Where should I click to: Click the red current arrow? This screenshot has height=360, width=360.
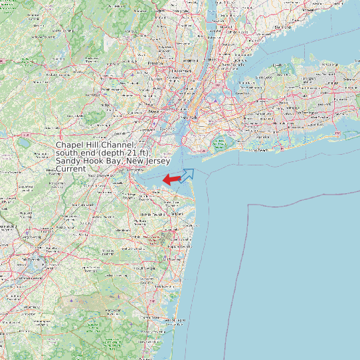point(171,179)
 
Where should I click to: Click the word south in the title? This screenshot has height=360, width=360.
point(68,153)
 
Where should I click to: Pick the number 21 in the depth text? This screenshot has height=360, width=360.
point(137,153)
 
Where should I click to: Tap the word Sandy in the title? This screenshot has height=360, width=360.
point(68,161)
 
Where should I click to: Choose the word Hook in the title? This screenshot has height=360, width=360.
point(94,161)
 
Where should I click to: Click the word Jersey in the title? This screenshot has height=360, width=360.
point(157,161)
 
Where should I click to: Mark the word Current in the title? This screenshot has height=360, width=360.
point(71,169)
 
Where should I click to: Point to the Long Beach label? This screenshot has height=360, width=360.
point(256,150)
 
